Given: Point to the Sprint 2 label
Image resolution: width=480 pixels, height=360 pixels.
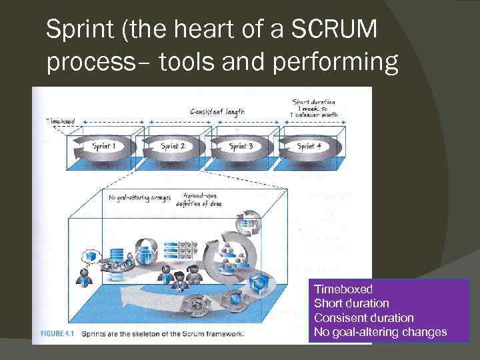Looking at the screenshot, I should tap(173, 146).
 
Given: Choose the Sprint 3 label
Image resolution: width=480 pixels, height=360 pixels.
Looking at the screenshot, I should tap(241, 146).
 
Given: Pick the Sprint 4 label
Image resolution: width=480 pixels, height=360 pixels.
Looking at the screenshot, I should tap(309, 146).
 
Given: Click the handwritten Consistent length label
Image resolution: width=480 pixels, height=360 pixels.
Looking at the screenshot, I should tap(217, 112).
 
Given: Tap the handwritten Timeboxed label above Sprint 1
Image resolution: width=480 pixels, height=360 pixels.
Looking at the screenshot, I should tap(60, 121).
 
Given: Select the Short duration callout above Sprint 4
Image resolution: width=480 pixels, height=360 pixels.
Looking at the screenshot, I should tap(313, 108).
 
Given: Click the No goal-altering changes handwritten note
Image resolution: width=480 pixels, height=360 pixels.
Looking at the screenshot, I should tap(139, 197).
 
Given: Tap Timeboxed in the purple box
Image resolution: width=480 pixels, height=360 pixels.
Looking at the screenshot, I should tap(343, 289).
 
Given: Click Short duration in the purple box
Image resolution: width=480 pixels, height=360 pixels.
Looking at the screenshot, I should tap(351, 303).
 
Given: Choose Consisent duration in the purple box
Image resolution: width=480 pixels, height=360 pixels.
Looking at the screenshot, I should tap(363, 318).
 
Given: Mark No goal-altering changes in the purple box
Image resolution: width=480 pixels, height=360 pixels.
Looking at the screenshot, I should tap(381, 332).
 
